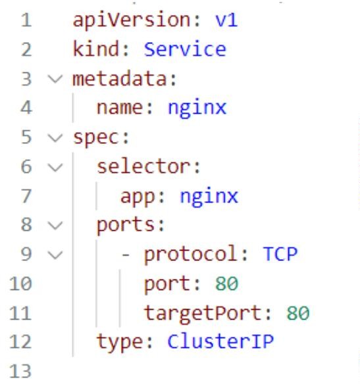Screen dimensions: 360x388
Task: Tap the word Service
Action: pos(185,49)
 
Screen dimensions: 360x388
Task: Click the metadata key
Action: pos(121,79)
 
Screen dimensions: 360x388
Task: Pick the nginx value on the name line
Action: pos(197,109)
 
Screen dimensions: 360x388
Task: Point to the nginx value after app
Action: pos(209,197)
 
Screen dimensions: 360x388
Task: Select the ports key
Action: pos(127,226)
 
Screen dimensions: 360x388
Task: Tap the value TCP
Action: pos(280,254)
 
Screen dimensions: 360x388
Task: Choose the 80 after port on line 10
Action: pos(227,283)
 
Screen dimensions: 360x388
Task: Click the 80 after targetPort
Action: pos(298,313)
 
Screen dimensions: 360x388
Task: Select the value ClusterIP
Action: pos(220,341)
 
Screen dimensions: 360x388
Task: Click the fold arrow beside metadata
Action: pos(55,79)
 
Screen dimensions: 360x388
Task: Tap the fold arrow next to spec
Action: pos(55,138)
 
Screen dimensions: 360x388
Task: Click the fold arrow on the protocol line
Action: pos(55,255)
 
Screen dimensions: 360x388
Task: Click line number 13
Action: pos(20,371)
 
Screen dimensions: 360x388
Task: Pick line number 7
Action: pos(26,197)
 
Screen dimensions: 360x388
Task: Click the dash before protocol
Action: pos(126,255)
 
